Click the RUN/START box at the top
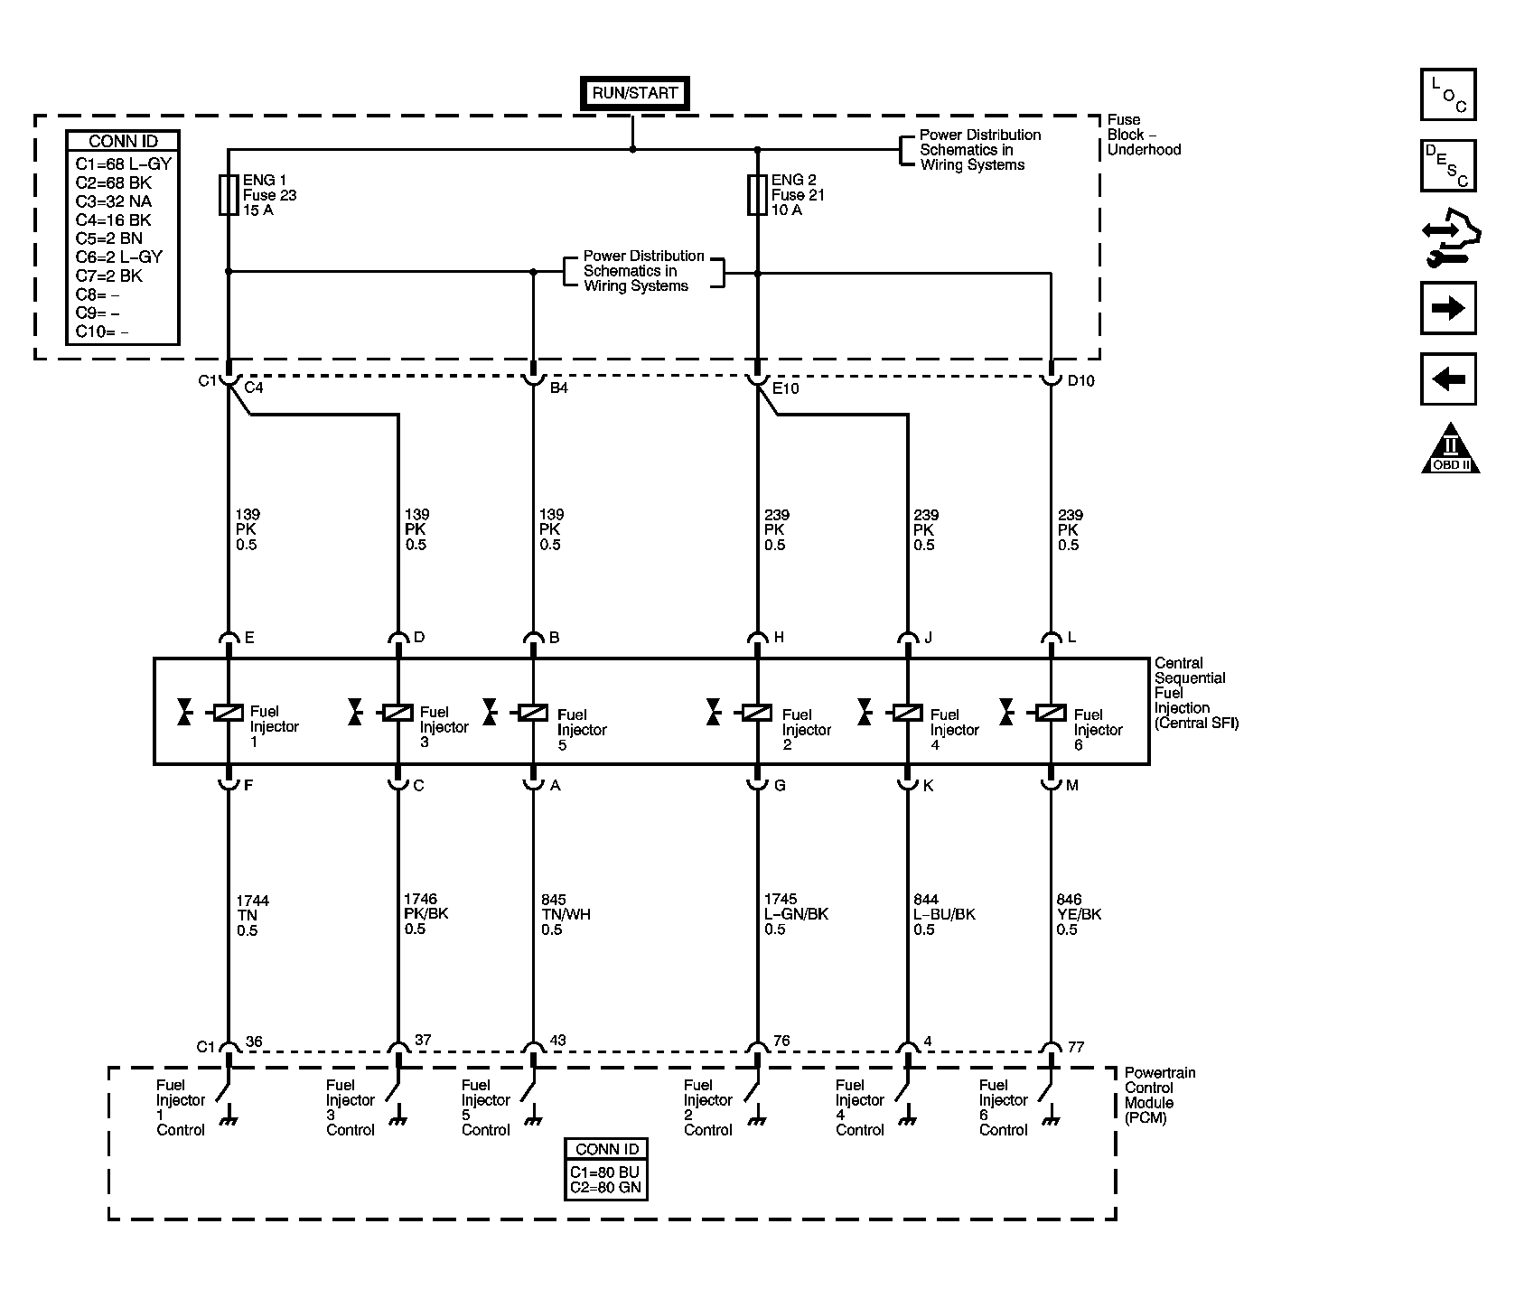pos(634,93)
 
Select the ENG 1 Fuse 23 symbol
pos(228,195)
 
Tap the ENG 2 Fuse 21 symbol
pos(757,195)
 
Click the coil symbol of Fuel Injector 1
pos(228,713)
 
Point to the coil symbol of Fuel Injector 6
pos(1051,713)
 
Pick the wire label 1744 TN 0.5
pos(253,915)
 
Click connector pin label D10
pos(1080,381)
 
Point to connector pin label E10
pos(786,388)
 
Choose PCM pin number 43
pos(557,1041)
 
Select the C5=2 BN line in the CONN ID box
pos(108,238)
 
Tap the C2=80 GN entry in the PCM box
pos(605,1188)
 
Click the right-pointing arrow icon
pos(1448,309)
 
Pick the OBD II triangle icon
pos(1450,448)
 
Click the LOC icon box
pos(1448,94)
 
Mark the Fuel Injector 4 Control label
pos(859,1107)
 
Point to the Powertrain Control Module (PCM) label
pos(1160,1096)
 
